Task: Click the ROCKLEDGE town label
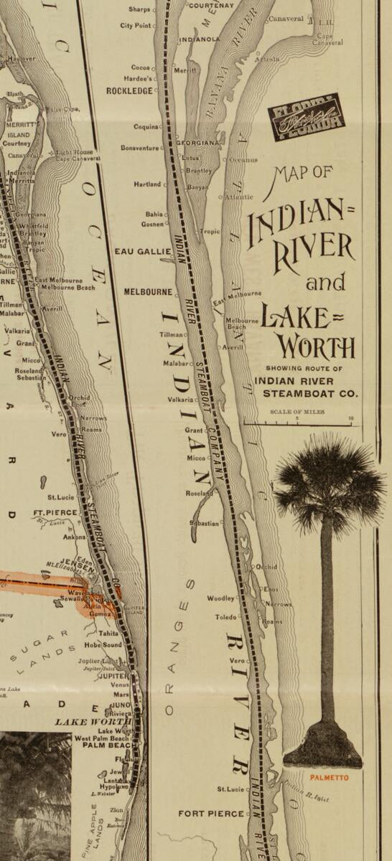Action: [x=130, y=91]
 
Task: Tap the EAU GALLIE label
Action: [x=143, y=252]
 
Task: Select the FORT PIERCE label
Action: [x=210, y=814]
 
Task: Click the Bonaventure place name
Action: [x=139, y=148]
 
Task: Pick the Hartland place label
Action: [x=147, y=184]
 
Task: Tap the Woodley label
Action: [x=220, y=598]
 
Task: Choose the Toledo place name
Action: [x=225, y=617]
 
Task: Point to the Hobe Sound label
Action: [x=101, y=645]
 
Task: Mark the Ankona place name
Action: [x=75, y=537]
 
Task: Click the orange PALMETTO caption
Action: [x=330, y=777]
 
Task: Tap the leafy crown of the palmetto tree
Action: [x=329, y=481]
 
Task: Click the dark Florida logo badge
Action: [x=306, y=117]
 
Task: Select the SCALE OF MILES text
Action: [x=297, y=412]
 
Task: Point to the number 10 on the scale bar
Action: [x=350, y=418]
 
